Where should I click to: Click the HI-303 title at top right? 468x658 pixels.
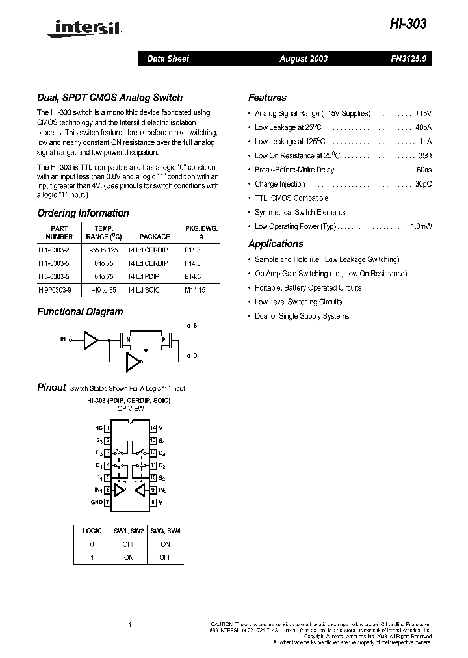(x=409, y=24)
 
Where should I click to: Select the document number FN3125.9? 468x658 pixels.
(x=408, y=59)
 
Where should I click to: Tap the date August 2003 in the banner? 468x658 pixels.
(x=304, y=59)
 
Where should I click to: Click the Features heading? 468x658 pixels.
(x=267, y=98)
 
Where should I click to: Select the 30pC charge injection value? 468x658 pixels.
(x=423, y=184)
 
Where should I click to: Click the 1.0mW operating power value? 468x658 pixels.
(x=421, y=226)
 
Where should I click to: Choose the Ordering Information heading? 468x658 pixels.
(x=83, y=213)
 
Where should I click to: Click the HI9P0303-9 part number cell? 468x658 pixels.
(x=58, y=291)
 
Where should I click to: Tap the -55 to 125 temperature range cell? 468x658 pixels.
(x=104, y=250)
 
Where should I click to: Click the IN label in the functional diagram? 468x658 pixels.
(x=63, y=339)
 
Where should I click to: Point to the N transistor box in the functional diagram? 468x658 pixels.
(x=129, y=339)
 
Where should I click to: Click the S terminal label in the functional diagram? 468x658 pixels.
(x=195, y=324)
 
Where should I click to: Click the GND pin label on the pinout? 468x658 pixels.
(x=96, y=502)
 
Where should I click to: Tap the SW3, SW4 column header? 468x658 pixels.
(x=165, y=531)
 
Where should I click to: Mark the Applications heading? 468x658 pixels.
(x=276, y=244)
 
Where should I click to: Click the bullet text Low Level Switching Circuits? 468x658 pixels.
(x=298, y=302)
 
